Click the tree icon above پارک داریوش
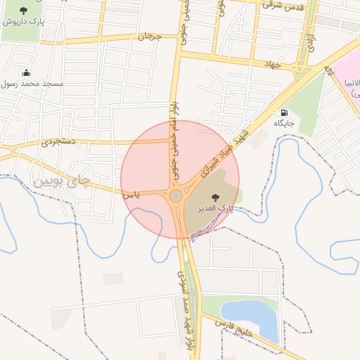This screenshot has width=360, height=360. click(x=24, y=11)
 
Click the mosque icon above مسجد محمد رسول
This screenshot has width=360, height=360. click(x=27, y=72)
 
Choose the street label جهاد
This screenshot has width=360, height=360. click(x=272, y=65)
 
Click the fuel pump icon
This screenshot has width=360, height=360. click(x=284, y=112)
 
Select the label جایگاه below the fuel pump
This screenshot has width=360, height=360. click(x=284, y=123)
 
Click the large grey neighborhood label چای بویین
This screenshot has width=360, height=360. click(x=61, y=181)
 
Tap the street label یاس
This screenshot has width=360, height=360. click(x=132, y=193)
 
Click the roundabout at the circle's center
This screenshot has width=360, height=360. click(x=175, y=195)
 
